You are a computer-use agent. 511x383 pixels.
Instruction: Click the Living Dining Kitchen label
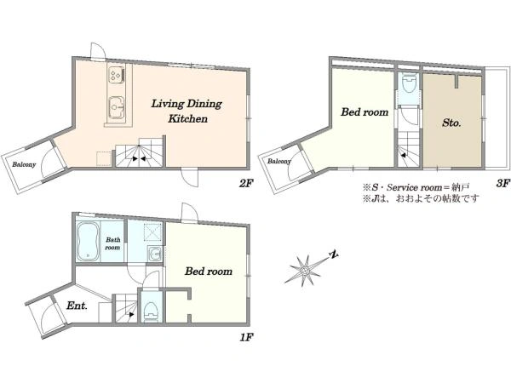(x=187, y=111)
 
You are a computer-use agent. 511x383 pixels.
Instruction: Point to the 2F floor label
(x=246, y=184)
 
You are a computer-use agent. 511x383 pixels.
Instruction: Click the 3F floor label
(x=502, y=184)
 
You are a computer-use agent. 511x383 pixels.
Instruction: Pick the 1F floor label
(x=246, y=337)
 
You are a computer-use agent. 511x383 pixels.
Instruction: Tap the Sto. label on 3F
(x=451, y=123)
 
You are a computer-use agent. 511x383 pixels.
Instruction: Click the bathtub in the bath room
(x=88, y=241)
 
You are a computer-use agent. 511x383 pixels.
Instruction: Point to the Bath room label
(x=112, y=243)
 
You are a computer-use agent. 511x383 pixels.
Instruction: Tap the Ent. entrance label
(x=77, y=306)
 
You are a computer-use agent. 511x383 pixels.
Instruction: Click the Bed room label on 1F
(x=209, y=272)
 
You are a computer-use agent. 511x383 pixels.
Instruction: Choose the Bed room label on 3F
(x=365, y=112)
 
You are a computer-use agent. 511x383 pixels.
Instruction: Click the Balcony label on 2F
(x=24, y=164)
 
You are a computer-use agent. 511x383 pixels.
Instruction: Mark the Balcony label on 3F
(x=279, y=161)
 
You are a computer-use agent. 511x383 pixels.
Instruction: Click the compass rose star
(x=304, y=270)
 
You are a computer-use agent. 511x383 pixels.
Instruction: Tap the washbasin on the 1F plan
(x=155, y=254)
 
